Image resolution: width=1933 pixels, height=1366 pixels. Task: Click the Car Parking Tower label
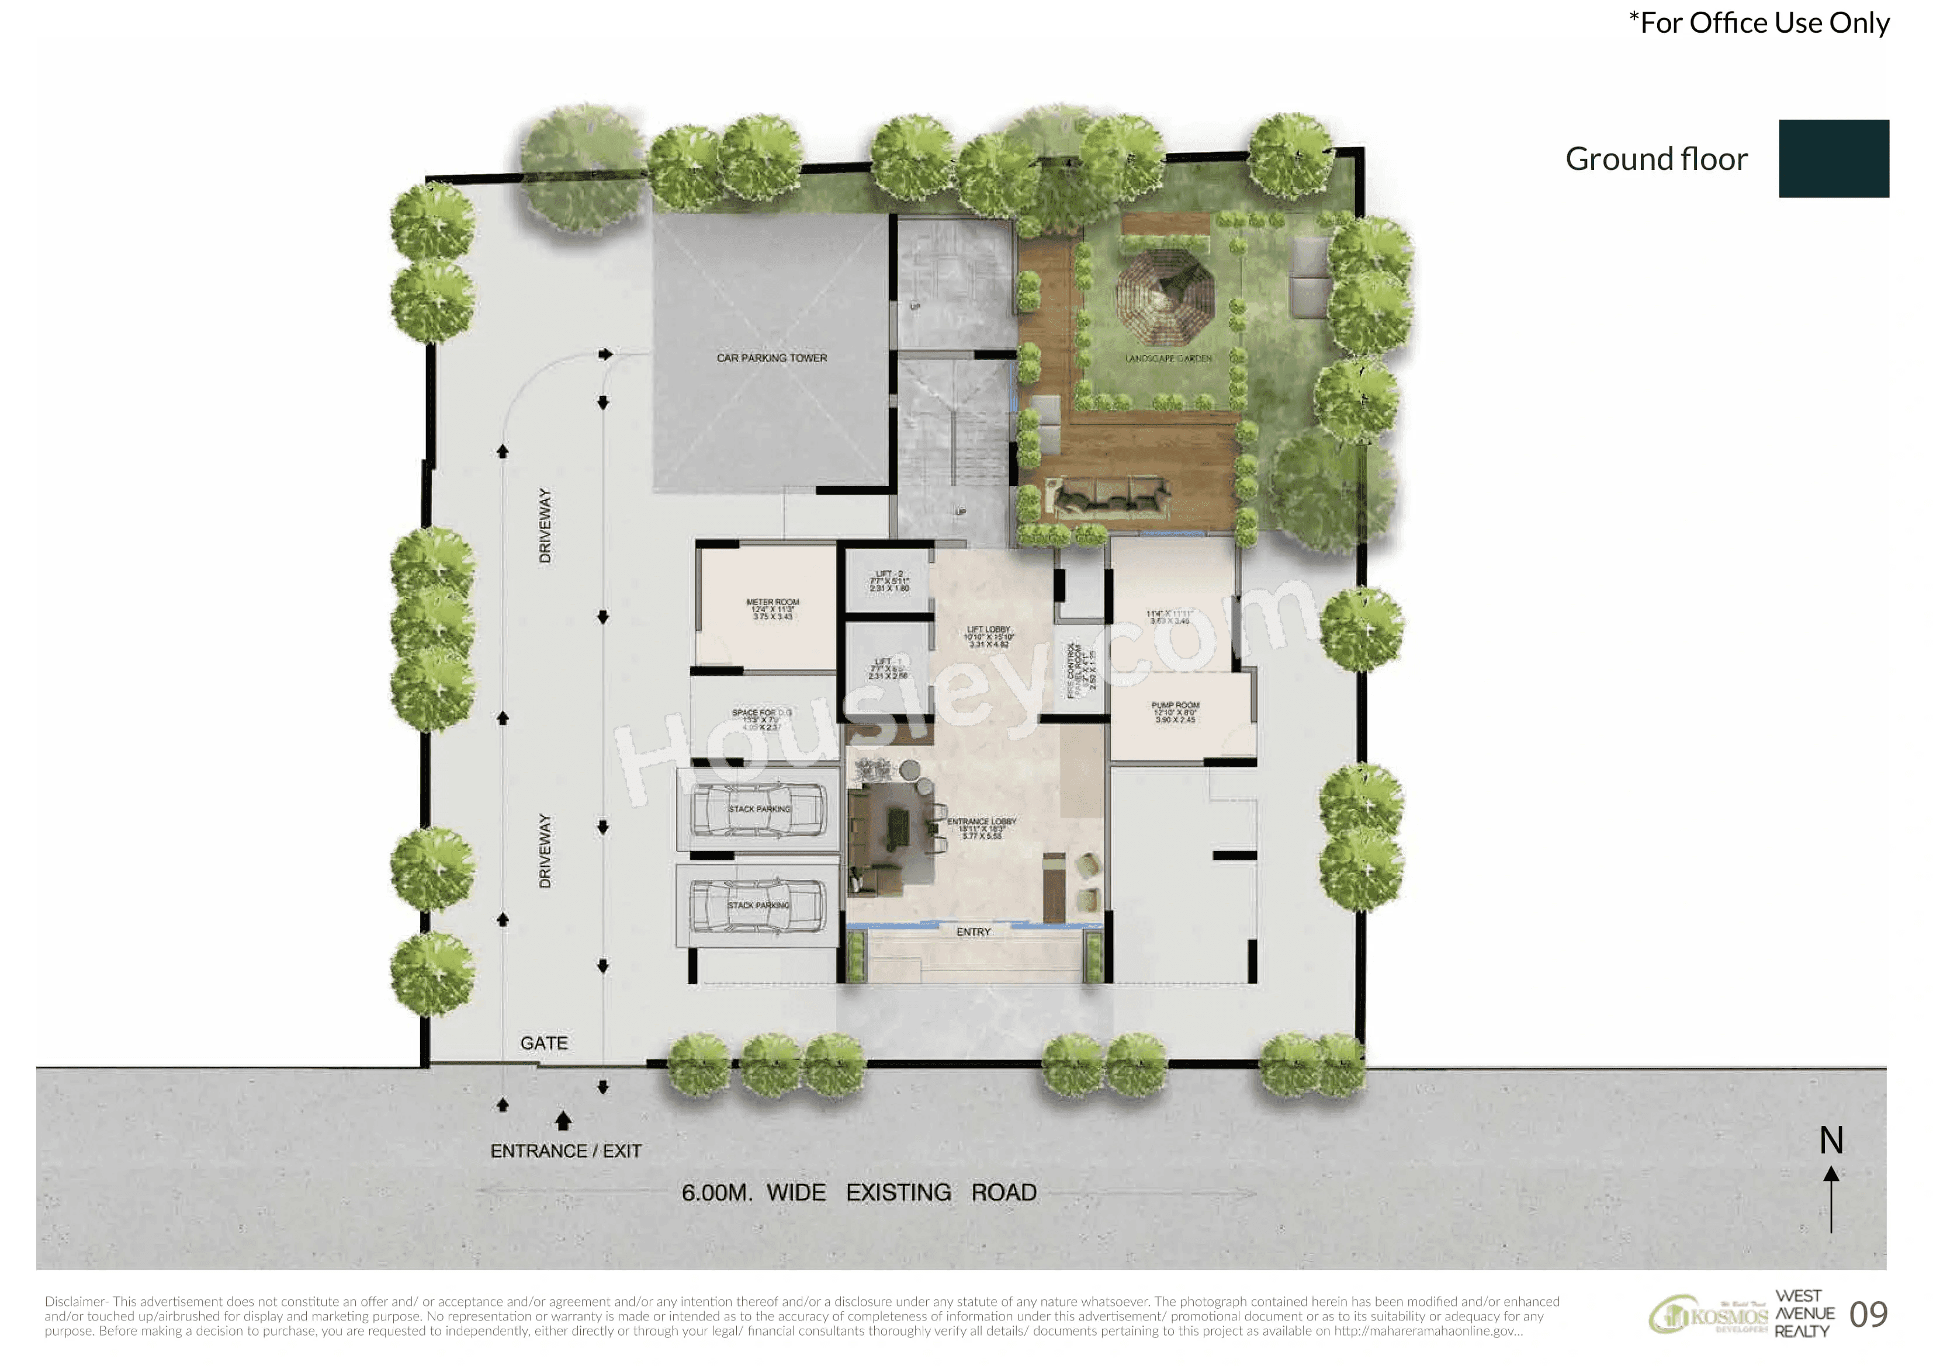point(771,357)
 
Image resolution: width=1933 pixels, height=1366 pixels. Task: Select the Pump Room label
point(1175,705)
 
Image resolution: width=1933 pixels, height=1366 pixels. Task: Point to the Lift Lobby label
point(988,630)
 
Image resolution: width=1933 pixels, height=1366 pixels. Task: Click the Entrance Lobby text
point(982,822)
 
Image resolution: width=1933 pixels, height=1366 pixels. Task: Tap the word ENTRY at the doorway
point(974,931)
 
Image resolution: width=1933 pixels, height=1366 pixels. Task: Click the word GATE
point(544,1043)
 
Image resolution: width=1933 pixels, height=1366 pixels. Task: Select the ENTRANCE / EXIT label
point(566,1151)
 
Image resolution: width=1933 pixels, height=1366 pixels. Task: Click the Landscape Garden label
point(1169,359)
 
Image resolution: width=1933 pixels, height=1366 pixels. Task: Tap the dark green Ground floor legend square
point(1833,158)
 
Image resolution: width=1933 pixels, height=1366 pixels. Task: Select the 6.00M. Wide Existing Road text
point(859,1193)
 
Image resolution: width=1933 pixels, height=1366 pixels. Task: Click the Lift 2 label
point(888,574)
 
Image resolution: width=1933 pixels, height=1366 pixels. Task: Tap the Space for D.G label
point(761,713)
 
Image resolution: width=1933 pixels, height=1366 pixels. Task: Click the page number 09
point(1868,1314)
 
